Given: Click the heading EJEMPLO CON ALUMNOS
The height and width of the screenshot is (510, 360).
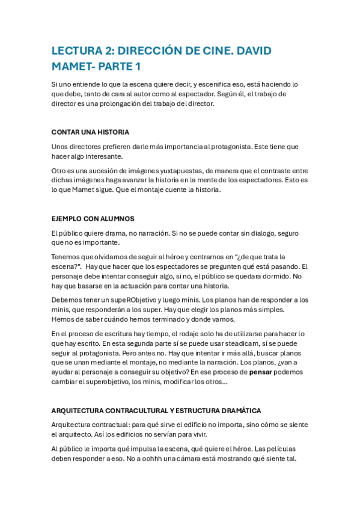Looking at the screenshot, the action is click(93, 218).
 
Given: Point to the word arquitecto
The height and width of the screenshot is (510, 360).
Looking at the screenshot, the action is click(73, 434).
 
